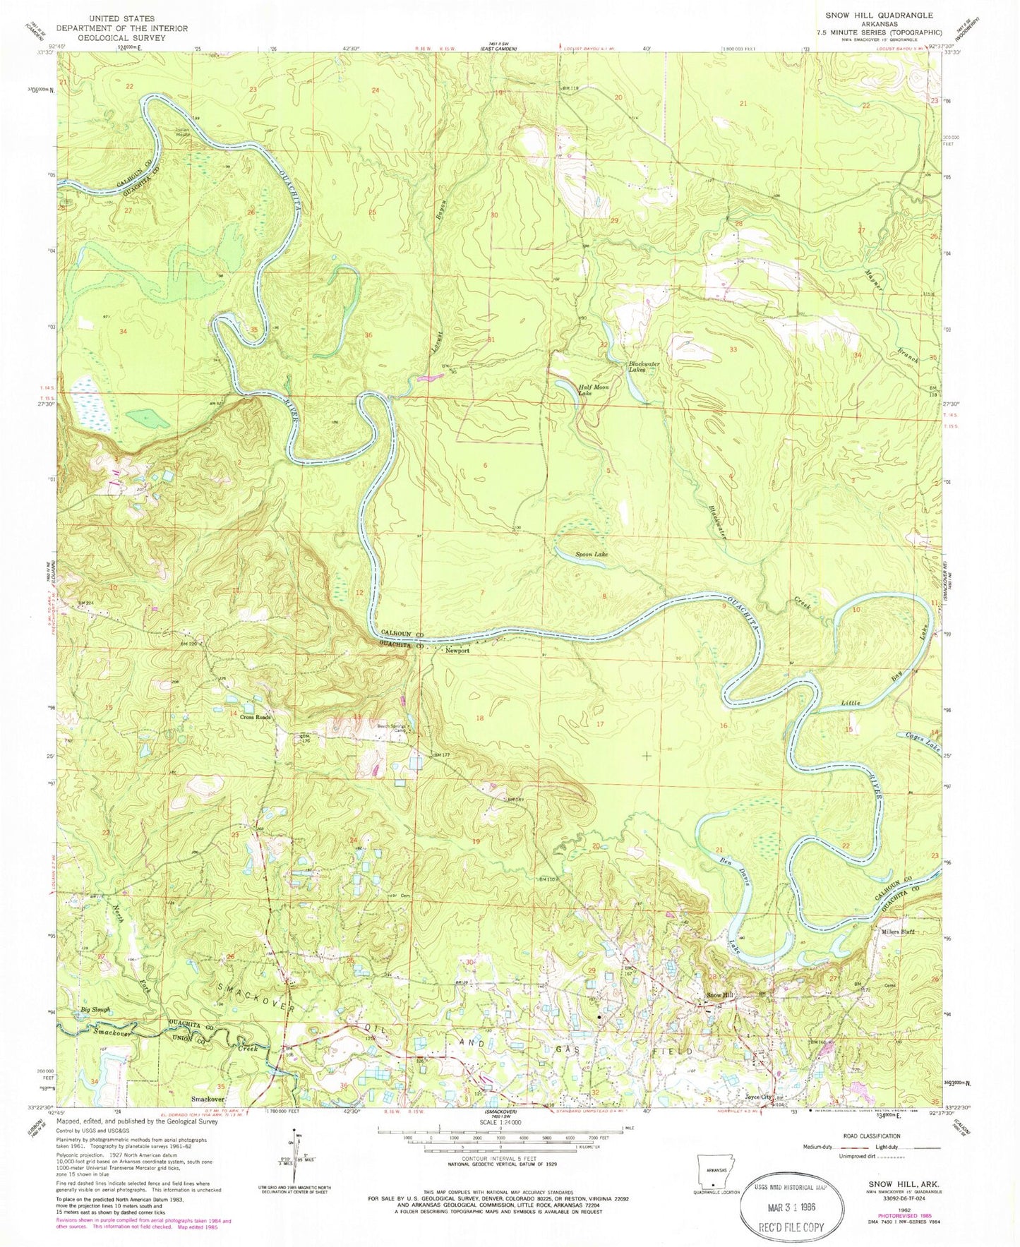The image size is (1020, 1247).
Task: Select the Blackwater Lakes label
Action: tap(644, 367)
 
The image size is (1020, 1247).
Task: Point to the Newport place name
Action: tap(457, 651)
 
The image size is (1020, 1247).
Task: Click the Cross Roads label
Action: tap(255, 717)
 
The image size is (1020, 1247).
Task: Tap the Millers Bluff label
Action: tap(898, 932)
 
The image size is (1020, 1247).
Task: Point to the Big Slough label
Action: tap(96, 1010)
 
